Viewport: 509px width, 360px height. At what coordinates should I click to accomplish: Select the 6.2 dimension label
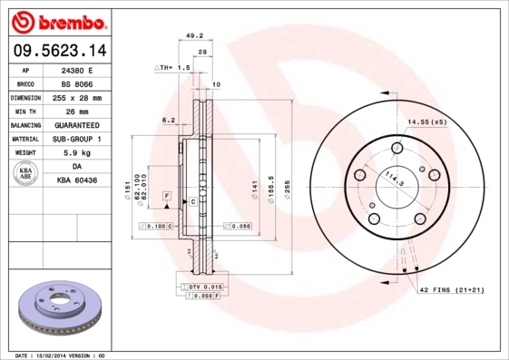point(168,120)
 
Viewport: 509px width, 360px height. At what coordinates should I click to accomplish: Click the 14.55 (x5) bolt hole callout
point(426,121)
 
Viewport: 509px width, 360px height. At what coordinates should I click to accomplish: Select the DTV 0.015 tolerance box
point(199,287)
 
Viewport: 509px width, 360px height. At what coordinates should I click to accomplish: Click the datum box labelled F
point(167,196)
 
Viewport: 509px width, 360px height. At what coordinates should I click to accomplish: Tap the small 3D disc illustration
point(59,308)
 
